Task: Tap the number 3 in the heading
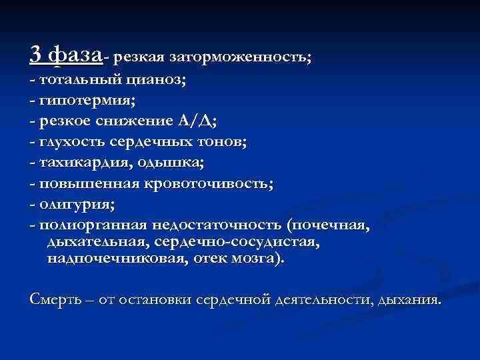pos(37,53)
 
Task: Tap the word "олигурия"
pos(74,203)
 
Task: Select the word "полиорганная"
pos(93,225)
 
